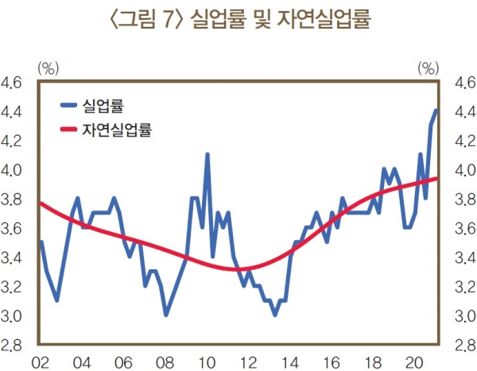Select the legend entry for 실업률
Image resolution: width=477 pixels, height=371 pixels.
coord(106,104)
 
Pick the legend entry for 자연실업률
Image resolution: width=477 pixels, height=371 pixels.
coord(117,128)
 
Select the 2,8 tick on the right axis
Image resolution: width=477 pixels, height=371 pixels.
coord(463,346)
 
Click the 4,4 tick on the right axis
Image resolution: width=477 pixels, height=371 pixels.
coord(463,111)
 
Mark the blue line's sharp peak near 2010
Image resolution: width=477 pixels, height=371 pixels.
coord(207,155)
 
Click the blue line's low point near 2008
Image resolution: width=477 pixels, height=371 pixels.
coord(165,315)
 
